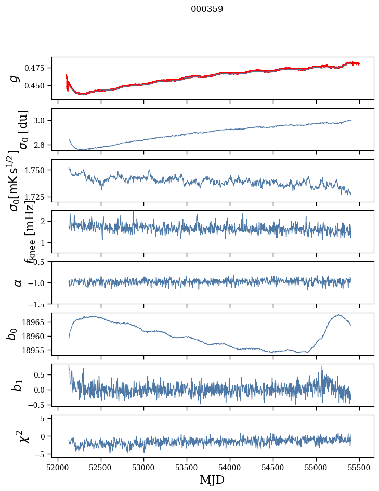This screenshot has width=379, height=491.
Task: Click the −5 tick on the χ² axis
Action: point(41,454)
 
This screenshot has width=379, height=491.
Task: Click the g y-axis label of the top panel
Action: point(16,78)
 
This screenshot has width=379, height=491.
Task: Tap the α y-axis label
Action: point(18,282)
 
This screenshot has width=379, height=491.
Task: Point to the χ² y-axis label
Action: point(17,436)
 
